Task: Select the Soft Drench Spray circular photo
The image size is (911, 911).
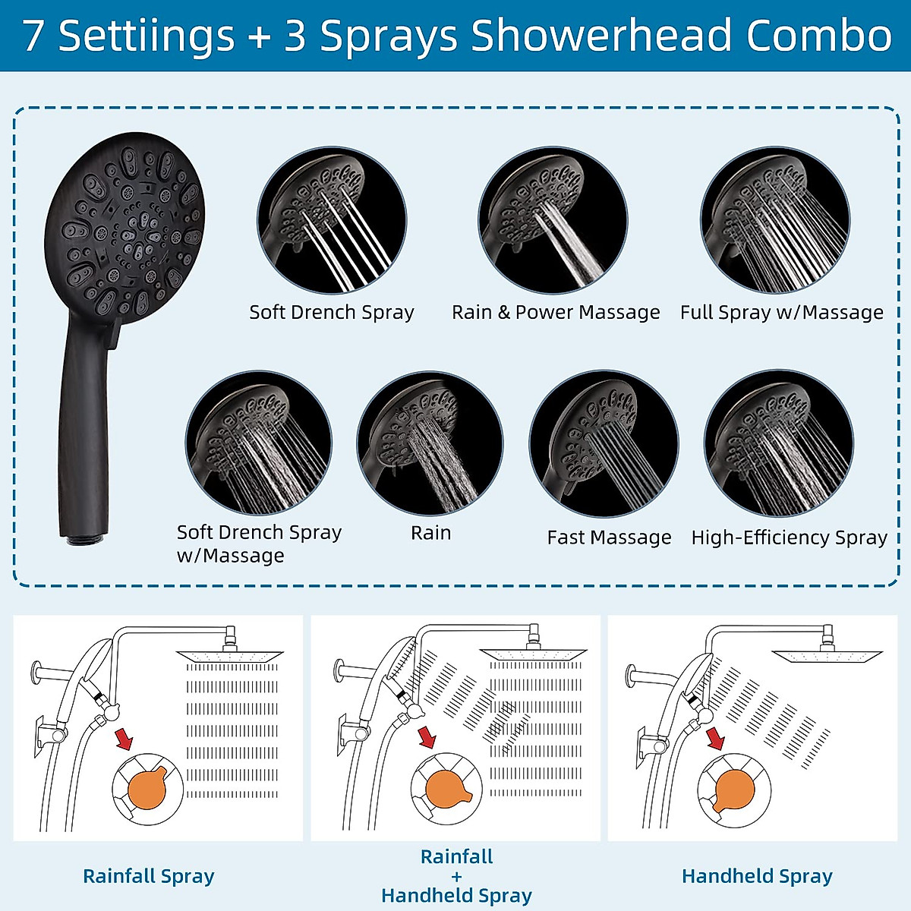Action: point(332,220)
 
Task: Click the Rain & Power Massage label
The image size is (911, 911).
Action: point(556,312)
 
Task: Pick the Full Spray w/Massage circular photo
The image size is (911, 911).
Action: point(774,220)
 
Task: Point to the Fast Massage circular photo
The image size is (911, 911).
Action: point(604,444)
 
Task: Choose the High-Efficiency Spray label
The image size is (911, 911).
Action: point(789,537)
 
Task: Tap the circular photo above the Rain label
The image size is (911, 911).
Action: point(430,444)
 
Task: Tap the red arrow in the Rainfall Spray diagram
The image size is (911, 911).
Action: point(123,738)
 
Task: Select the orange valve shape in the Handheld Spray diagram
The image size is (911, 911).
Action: point(734,790)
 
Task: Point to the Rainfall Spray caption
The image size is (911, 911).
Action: point(149,876)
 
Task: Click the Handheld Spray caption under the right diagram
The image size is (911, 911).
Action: point(757,876)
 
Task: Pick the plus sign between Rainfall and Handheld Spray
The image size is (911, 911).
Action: point(456,876)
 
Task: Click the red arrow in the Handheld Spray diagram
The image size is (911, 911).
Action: point(715,738)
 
